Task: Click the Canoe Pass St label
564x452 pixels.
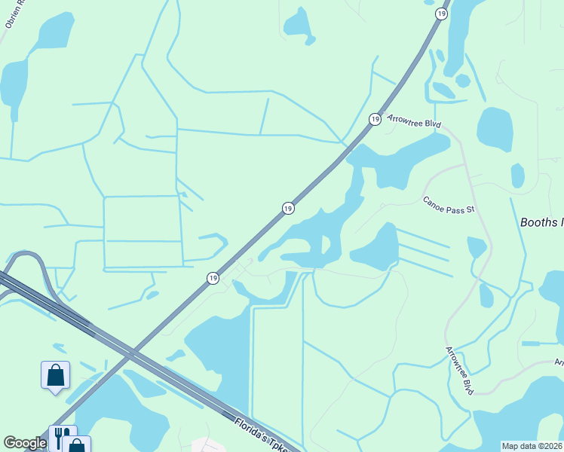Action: (448, 206)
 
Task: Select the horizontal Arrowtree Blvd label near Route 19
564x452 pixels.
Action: (413, 121)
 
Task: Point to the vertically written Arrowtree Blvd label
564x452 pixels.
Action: (458, 371)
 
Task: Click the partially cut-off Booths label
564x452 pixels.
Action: (541, 222)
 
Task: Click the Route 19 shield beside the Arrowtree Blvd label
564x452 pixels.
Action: (375, 119)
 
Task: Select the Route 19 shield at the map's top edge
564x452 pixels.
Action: (440, 13)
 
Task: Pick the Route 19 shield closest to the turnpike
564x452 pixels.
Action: (213, 279)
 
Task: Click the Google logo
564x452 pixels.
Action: (25, 443)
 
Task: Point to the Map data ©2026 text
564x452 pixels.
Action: (532, 446)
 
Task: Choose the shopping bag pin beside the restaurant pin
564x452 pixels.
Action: (77, 445)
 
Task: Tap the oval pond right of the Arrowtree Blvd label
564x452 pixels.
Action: (495, 129)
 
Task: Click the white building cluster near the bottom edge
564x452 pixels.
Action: (207, 444)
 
